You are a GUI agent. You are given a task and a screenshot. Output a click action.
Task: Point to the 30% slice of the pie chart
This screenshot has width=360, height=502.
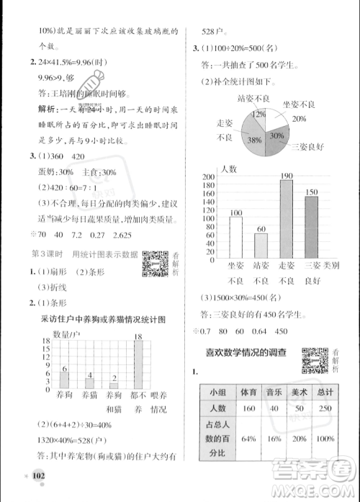click(x=276, y=137)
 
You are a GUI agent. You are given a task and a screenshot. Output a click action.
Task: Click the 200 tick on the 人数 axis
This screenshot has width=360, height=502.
click(x=211, y=177)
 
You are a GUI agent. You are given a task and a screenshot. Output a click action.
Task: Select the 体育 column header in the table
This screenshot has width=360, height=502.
click(x=250, y=393)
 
